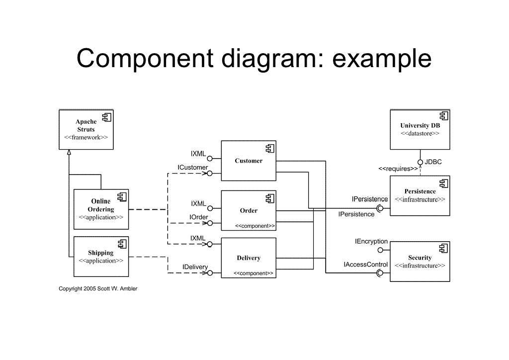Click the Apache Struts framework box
(x=86, y=130)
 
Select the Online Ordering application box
(x=101, y=209)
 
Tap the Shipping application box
(x=101, y=257)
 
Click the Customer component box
(x=248, y=161)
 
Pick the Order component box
(x=248, y=211)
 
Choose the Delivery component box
(x=248, y=258)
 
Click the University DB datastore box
(x=420, y=130)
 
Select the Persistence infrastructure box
(x=420, y=195)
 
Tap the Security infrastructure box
(x=420, y=262)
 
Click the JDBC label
(x=433, y=162)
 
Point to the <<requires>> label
(x=398, y=169)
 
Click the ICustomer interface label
(x=193, y=168)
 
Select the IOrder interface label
(x=198, y=217)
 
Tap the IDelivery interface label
(x=195, y=267)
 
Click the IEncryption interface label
(x=371, y=242)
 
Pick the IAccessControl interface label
(x=366, y=265)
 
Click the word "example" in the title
(x=382, y=59)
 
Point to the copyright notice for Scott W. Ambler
(x=98, y=289)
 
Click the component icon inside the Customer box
(x=269, y=148)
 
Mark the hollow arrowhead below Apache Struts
(x=69, y=153)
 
